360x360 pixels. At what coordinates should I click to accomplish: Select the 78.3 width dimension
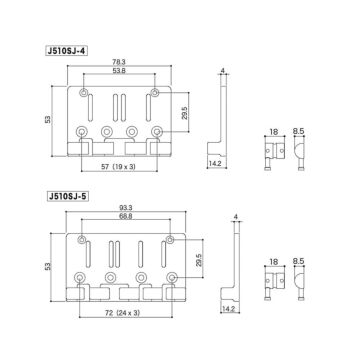(x=120, y=62)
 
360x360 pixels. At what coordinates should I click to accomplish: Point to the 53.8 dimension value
(x=120, y=72)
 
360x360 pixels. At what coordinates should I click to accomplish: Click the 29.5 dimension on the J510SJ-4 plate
(x=184, y=114)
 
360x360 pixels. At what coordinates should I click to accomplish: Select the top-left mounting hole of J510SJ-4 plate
(x=84, y=93)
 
